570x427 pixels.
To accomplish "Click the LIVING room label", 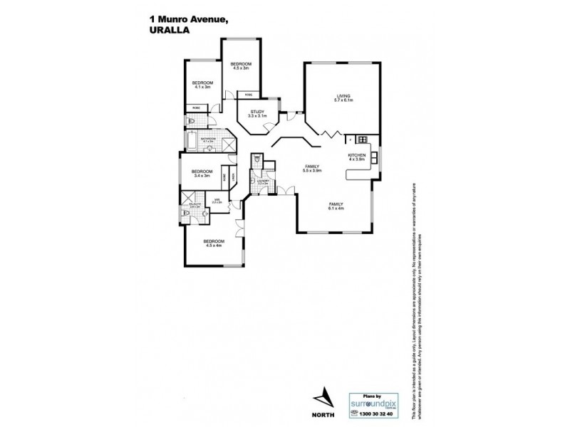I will coord(346,100).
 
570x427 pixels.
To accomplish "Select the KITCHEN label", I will coord(356,157).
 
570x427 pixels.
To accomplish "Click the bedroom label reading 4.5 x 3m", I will coord(240,66).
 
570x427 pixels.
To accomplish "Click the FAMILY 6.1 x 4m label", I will coord(336,206).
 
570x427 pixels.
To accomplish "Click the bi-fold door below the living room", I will coord(330,133).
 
